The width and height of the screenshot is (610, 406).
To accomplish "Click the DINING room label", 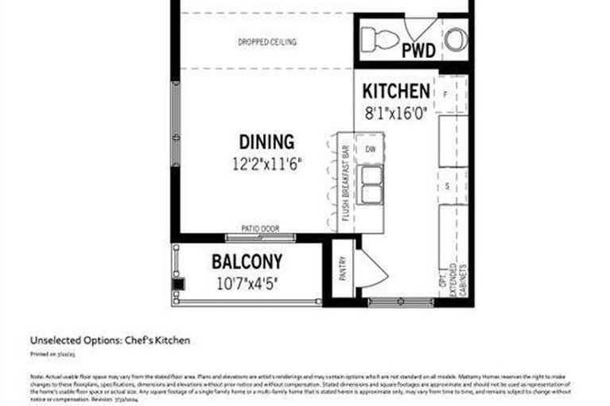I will [x=266, y=142].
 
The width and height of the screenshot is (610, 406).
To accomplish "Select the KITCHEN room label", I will [x=396, y=91].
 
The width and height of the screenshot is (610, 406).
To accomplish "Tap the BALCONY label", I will [x=247, y=261].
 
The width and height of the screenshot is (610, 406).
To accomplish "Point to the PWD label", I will [x=418, y=52].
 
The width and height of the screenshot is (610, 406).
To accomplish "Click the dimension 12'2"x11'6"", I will [x=266, y=164].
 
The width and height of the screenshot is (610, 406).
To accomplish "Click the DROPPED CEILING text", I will [x=267, y=42].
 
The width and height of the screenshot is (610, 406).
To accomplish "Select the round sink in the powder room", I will [x=455, y=38].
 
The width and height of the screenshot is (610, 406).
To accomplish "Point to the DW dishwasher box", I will [x=370, y=149].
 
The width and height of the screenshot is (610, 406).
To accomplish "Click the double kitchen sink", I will [x=371, y=184].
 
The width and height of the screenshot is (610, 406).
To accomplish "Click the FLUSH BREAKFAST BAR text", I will [x=347, y=184].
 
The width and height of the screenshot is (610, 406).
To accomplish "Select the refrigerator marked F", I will [x=445, y=95].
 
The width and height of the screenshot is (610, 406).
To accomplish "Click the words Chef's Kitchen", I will [x=157, y=340].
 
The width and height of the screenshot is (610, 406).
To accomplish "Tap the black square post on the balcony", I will [x=179, y=283].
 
